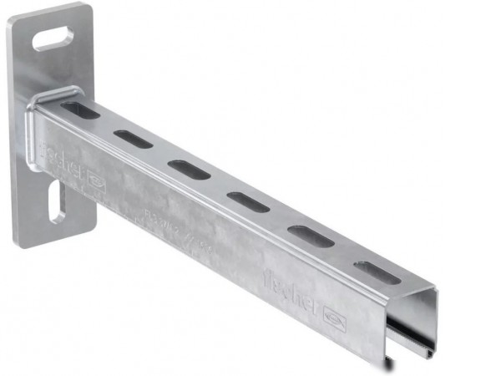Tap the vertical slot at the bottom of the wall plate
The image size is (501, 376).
pos(57,202)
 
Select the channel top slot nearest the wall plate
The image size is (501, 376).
pos(80,109)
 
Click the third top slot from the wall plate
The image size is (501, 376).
pos(188,169)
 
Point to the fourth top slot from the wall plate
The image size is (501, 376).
pos(247,201)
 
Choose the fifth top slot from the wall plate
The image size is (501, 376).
pos(311,236)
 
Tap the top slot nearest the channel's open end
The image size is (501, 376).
pos(377,272)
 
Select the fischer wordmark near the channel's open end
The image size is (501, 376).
pos(290,288)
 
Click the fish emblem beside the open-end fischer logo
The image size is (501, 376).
pos(332,314)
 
